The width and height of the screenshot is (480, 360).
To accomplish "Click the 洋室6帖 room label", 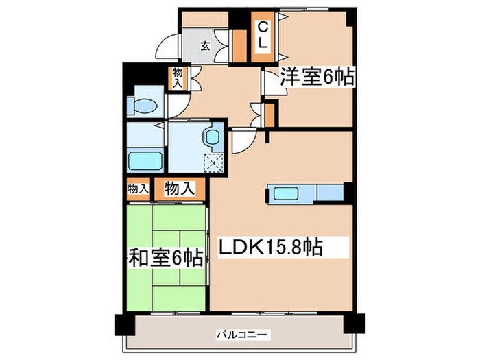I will (x=316, y=78).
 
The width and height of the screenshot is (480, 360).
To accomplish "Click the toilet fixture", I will (x=143, y=105).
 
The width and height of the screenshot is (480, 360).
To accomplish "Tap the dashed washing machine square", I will (x=215, y=163).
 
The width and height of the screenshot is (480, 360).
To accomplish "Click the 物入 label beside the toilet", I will (x=177, y=76).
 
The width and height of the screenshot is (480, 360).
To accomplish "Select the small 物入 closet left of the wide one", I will (x=137, y=189).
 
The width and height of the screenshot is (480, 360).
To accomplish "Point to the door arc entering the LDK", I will (x=240, y=142).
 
